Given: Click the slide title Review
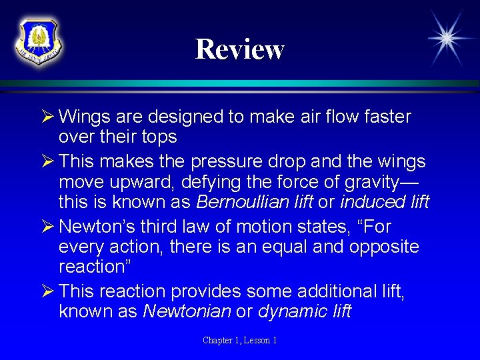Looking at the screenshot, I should (x=239, y=49).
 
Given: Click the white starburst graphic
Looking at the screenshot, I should (x=446, y=38).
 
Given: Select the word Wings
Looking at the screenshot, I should (x=81, y=117).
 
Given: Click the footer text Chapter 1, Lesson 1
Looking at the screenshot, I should (x=240, y=341).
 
